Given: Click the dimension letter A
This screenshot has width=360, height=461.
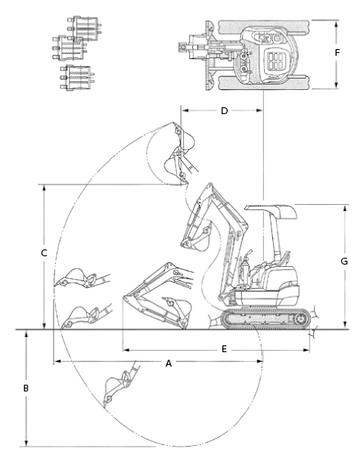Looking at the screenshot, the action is pos(169,364).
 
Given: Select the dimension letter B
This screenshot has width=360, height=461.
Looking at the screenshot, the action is pos(26,388).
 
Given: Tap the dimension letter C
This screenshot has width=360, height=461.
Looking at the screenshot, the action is pos(44,253).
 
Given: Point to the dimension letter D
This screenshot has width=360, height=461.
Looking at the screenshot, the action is pos(225,111).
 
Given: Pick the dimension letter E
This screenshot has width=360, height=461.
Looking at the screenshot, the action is pos(224,349).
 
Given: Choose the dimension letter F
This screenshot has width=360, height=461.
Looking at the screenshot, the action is pos(337,53).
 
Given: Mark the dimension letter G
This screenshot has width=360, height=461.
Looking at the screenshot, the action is pos(344,261).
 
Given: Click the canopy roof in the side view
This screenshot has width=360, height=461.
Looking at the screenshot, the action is pos(271,211).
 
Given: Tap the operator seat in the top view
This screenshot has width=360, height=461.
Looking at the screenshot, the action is pos(275,61).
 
